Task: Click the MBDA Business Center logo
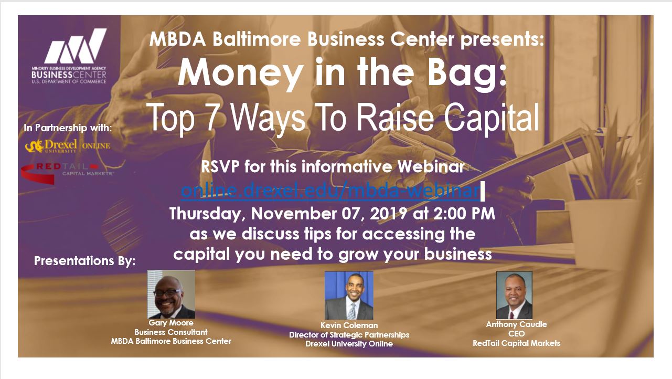(x=69, y=56)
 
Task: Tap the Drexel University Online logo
(x=68, y=146)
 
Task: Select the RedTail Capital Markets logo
(x=67, y=173)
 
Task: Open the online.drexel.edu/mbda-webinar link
(x=330, y=190)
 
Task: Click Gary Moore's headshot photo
(x=171, y=294)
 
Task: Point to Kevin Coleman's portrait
(x=349, y=296)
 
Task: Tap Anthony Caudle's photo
(x=514, y=296)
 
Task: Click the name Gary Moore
(x=171, y=323)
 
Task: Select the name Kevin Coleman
(x=349, y=325)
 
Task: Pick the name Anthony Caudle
(x=516, y=324)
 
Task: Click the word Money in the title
(x=241, y=73)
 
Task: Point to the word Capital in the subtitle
(x=492, y=118)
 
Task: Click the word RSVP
(x=220, y=166)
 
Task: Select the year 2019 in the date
(x=389, y=214)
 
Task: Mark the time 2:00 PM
(x=464, y=214)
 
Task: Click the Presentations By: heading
(x=84, y=261)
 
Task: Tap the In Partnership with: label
(x=68, y=128)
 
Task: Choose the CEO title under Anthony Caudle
(x=516, y=334)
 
